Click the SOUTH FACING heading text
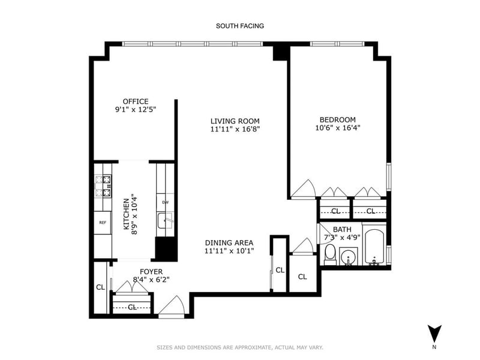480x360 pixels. point(239,26)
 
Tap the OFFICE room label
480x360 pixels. point(136,101)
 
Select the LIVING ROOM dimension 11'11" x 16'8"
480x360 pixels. point(235,129)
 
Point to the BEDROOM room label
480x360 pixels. point(338,119)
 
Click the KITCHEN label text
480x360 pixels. point(126,214)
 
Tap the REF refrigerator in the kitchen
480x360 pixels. point(103,223)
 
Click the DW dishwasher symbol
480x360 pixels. point(166,202)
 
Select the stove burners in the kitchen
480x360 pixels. point(103,186)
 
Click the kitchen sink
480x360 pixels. point(166,221)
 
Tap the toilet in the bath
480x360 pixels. point(330,254)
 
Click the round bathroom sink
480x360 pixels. point(349,256)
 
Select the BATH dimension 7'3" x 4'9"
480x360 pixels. point(342,237)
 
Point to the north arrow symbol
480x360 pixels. point(434,333)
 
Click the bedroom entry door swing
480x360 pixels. point(303,189)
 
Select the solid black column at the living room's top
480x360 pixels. point(280,53)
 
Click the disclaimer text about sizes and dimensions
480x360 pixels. point(240,347)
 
